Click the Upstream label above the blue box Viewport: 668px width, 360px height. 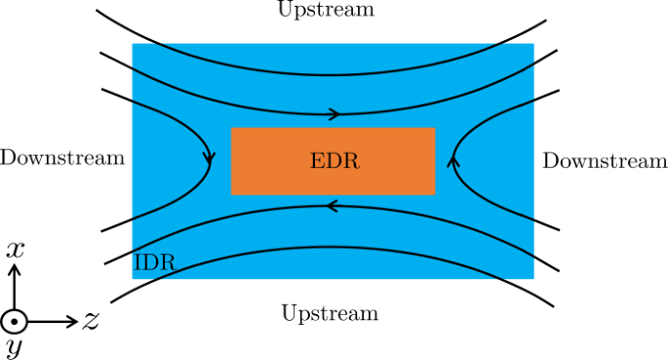click(x=325, y=10)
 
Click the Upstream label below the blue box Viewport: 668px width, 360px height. click(x=330, y=313)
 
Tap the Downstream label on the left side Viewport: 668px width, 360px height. click(x=62, y=158)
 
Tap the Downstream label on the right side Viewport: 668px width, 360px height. click(x=605, y=161)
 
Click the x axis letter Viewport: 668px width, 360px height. click(x=15, y=250)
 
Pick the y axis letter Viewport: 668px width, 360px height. click(x=15, y=346)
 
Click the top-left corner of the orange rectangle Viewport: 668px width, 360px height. click(x=231, y=128)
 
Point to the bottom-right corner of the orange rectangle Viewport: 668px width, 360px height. click(x=435, y=194)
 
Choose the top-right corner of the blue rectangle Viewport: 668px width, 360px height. click(x=534, y=44)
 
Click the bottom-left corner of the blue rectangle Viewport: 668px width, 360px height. click(x=133, y=279)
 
